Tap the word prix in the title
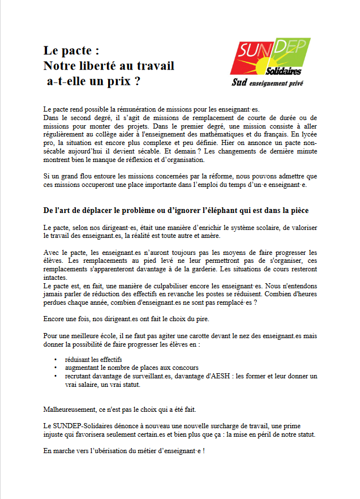[x=118, y=81]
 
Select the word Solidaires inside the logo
[x=283, y=71]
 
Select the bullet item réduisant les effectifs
[x=93, y=360]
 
